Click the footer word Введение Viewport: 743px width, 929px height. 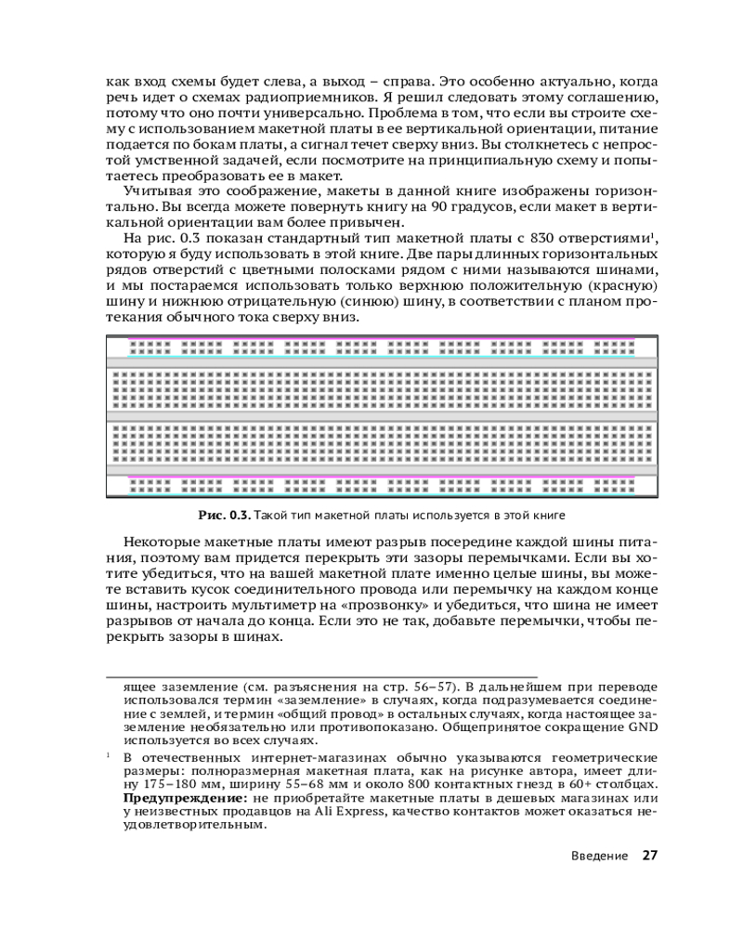coord(598,856)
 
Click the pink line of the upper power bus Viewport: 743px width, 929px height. coord(381,339)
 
